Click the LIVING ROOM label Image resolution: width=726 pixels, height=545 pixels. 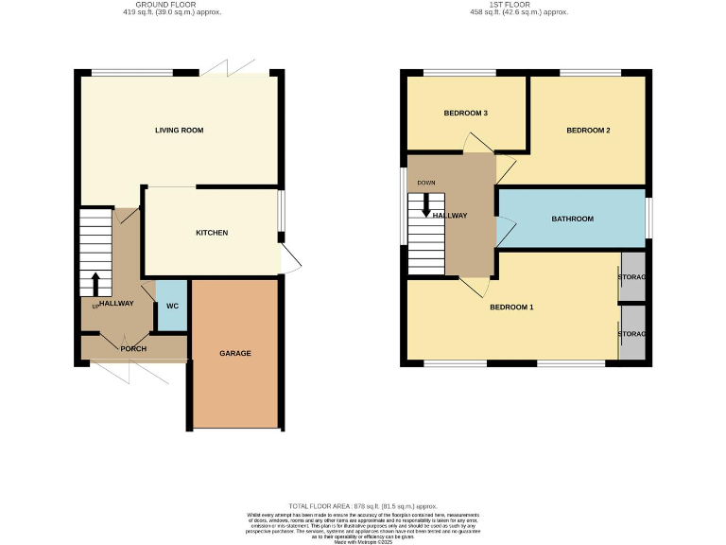pyautogui.click(x=180, y=131)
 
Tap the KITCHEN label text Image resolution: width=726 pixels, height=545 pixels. pyautogui.click(x=212, y=233)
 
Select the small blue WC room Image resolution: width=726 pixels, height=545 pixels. pyautogui.click(x=172, y=306)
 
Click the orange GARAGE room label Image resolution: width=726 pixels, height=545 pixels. pyautogui.click(x=235, y=353)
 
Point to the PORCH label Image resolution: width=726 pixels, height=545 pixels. pyautogui.click(x=133, y=349)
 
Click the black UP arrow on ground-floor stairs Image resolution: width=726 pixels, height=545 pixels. pyautogui.click(x=95, y=283)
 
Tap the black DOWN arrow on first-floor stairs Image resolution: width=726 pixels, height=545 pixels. pyautogui.click(x=425, y=203)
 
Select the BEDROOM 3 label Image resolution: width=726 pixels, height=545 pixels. pyautogui.click(x=465, y=114)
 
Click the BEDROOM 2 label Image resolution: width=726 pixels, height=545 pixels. pyautogui.click(x=588, y=131)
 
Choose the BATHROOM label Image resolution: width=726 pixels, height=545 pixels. pyautogui.click(x=573, y=219)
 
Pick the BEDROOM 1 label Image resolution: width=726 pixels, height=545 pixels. pyautogui.click(x=511, y=308)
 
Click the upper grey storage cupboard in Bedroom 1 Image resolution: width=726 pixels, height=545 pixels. pyautogui.click(x=631, y=277)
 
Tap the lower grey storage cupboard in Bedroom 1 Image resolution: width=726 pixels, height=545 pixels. pyautogui.click(x=631, y=334)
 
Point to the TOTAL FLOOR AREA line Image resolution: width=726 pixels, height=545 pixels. pyautogui.click(x=363, y=507)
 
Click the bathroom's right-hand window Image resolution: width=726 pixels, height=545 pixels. pyautogui.click(x=649, y=218)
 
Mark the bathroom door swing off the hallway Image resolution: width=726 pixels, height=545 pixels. pyautogui.click(x=507, y=232)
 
